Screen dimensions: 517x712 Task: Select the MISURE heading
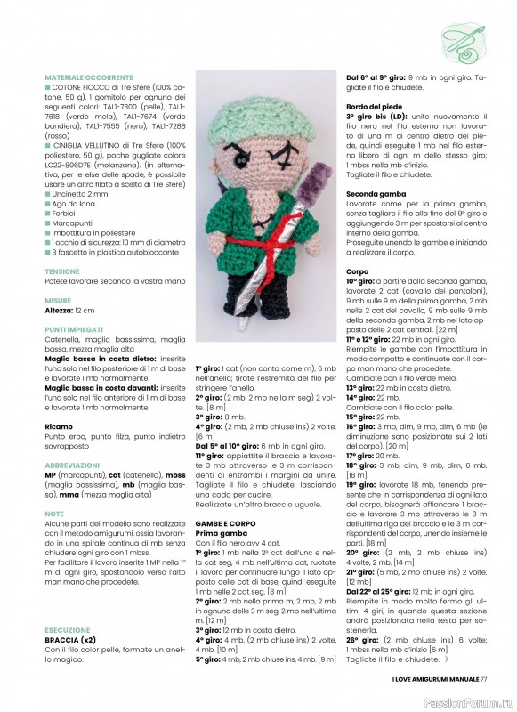59,301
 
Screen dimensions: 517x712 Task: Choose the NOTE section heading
54,514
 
